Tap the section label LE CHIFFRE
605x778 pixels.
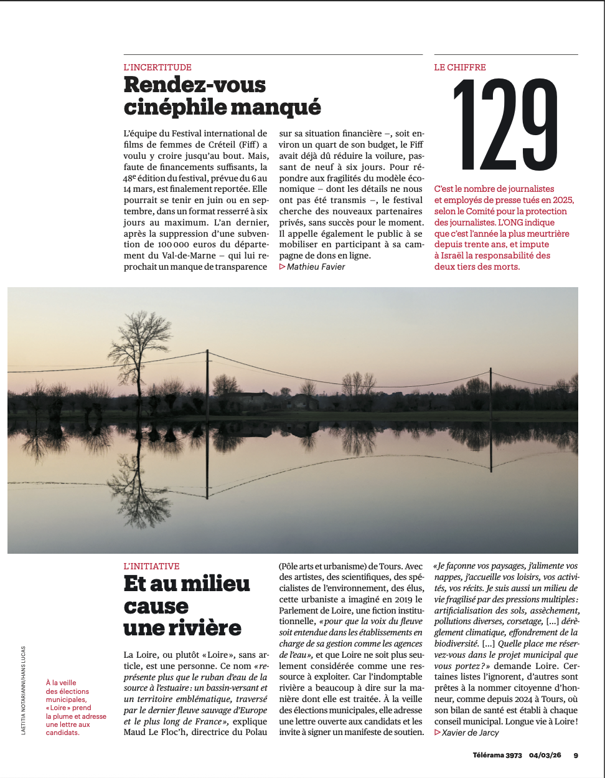tap(460, 67)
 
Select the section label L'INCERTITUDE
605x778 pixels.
tap(157, 67)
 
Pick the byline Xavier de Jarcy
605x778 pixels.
tap(470, 733)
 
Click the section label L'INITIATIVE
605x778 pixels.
tap(151, 566)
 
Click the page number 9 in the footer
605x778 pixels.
tap(576, 755)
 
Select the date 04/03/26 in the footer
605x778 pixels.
tap(545, 755)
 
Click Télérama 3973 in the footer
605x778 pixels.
tap(497, 755)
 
